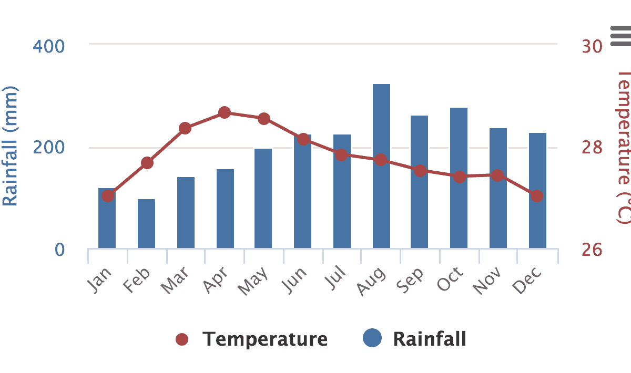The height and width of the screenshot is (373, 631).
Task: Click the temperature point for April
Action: point(225,112)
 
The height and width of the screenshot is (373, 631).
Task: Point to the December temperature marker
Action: point(536,196)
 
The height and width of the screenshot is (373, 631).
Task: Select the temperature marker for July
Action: point(341,155)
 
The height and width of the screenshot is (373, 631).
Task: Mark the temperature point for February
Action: point(147,163)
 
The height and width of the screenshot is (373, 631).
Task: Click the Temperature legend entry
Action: point(252,339)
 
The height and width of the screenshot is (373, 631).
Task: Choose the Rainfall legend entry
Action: point(415,339)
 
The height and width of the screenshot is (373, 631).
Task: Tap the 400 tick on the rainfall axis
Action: point(49,46)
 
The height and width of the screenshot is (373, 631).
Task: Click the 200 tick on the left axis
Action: point(49,148)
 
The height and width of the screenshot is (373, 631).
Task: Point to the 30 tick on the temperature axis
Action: point(592,46)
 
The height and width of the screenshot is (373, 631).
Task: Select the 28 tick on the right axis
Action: point(592,148)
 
